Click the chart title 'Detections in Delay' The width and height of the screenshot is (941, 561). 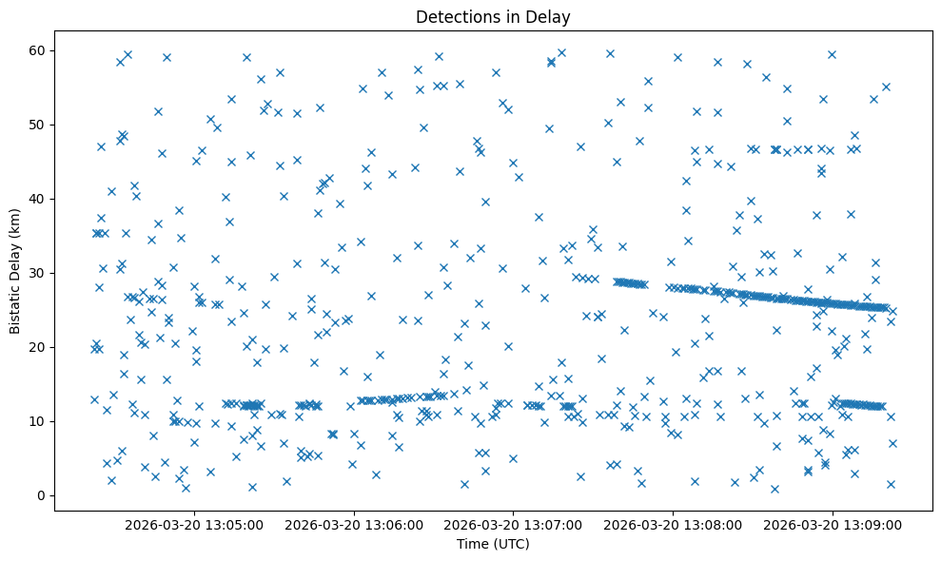tap(493, 17)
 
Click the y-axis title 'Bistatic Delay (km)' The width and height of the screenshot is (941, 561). tap(15, 270)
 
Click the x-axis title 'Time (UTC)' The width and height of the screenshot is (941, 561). tap(493, 544)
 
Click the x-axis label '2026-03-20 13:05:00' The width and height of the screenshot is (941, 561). tap(194, 524)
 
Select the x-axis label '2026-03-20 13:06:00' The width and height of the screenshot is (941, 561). tap(354, 524)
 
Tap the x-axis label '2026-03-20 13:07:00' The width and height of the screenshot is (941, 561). tap(514, 524)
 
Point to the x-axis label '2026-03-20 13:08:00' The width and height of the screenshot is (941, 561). tap(674, 524)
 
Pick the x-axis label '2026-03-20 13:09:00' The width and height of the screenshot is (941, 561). tap(833, 524)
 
